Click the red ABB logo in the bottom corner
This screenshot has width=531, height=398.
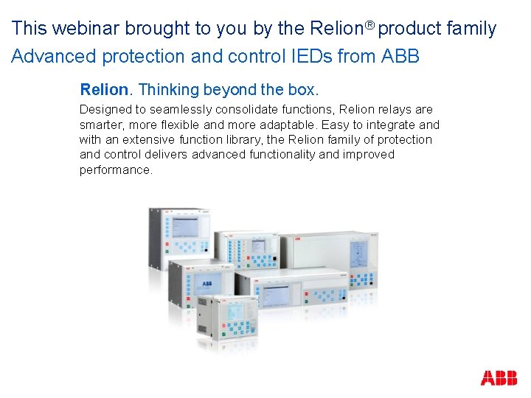[x=499, y=378]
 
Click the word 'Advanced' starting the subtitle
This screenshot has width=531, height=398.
[x=50, y=56]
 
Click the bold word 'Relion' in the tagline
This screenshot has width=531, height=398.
[x=104, y=90]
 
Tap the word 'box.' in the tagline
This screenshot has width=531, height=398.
[x=303, y=90]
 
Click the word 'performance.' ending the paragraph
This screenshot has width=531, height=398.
[x=116, y=170]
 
